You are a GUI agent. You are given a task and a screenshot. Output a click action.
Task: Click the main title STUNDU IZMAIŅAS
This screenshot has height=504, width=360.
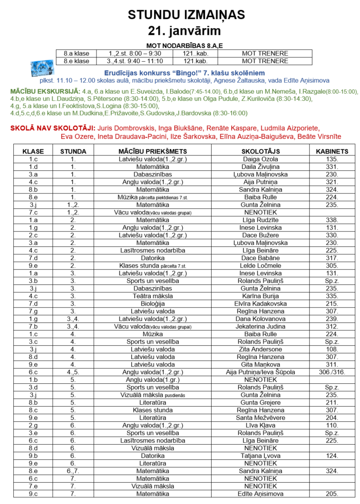(180, 15)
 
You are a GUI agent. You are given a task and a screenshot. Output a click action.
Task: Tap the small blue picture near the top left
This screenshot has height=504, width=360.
(43, 69)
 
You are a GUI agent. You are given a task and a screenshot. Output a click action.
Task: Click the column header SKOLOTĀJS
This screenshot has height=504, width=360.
(260, 151)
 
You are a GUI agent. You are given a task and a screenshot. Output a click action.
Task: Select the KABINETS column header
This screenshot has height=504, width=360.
(331, 151)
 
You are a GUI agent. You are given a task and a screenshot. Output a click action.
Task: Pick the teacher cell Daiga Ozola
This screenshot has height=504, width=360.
(260, 159)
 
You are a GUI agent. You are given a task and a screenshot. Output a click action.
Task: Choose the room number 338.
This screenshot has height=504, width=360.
(331, 220)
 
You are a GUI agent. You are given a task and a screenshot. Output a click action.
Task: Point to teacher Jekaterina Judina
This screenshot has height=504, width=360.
(260, 327)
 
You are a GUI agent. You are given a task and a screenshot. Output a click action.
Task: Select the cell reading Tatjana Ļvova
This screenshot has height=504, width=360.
(260, 456)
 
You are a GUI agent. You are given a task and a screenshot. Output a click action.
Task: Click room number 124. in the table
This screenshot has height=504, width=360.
(331, 456)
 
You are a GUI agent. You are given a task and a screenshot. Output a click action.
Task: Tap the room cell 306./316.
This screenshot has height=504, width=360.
(331, 372)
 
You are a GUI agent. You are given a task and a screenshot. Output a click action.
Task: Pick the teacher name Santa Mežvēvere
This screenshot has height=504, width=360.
(260, 418)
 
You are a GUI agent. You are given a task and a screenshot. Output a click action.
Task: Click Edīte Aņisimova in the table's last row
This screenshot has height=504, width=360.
(260, 494)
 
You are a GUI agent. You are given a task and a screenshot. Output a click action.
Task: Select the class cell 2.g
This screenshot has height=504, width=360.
(33, 426)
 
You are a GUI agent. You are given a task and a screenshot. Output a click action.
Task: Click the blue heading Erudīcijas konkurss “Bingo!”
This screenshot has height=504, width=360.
(184, 73)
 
